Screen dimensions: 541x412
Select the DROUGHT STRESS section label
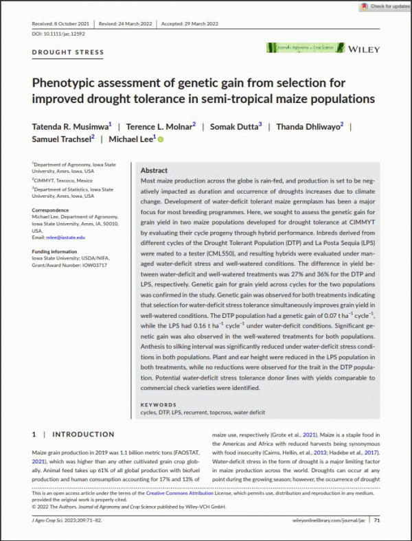click(68, 52)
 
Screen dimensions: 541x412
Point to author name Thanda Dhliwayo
click(312, 126)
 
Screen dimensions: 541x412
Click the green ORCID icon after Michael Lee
click(161, 139)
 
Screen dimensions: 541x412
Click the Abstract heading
click(154, 170)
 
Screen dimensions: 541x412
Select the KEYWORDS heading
click(159, 405)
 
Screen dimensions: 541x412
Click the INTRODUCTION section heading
click(83, 435)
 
